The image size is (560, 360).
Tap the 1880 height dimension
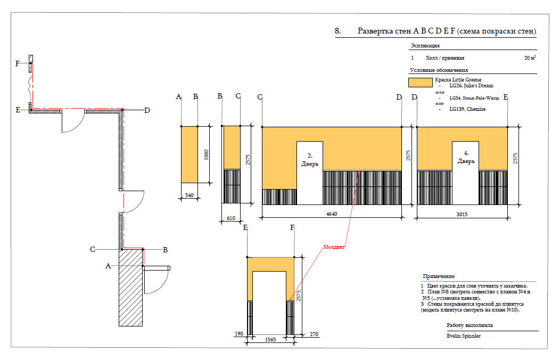point(207,154)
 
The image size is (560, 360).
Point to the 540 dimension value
point(189,196)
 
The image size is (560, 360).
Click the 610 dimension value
point(230,218)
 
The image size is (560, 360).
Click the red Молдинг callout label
point(334,247)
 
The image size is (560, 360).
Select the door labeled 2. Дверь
point(309,160)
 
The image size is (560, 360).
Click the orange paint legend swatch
point(419,83)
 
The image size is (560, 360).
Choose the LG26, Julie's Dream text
point(471,85)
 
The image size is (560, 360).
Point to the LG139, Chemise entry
point(467,109)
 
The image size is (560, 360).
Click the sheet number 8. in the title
point(337,31)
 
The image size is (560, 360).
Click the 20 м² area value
point(529,58)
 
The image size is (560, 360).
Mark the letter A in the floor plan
point(109,266)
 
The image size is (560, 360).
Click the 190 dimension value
point(240,334)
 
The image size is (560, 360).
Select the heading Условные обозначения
point(439,70)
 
